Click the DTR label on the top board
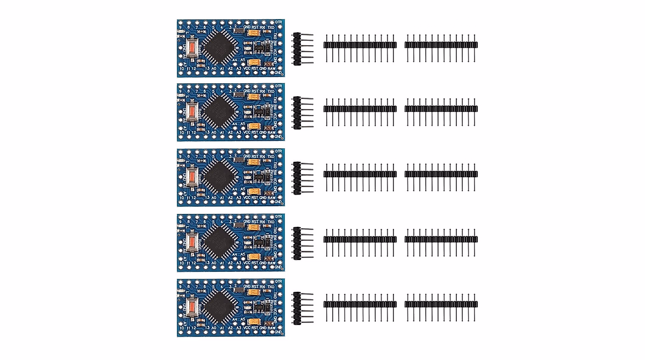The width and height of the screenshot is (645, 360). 278,21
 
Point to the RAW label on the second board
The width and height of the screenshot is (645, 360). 271,132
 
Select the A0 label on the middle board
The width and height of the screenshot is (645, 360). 214,198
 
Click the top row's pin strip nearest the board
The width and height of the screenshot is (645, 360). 360,45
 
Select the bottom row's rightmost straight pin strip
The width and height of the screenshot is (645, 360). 441,304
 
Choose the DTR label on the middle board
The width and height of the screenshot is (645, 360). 278,152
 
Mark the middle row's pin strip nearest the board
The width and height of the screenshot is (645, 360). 360,174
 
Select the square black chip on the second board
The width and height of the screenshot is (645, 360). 219,112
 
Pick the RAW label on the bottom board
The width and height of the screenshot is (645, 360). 271,328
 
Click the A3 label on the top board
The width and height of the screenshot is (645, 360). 238,68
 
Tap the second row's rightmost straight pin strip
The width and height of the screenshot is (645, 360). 441,109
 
